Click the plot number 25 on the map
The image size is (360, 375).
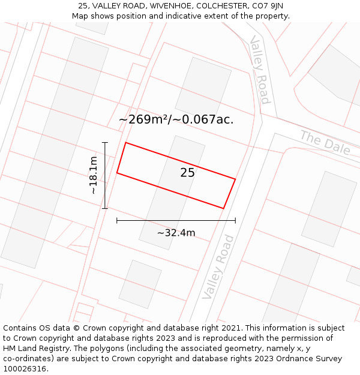tap(187, 173)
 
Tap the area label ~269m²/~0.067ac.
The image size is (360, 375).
tap(176, 119)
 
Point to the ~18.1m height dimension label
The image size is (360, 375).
tap(93, 175)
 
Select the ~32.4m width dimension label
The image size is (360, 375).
tap(176, 233)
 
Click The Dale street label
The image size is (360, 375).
tap(325, 142)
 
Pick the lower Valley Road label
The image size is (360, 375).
tap(218, 267)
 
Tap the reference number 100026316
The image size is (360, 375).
tap(25, 369)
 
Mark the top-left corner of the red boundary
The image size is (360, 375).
tap(125, 143)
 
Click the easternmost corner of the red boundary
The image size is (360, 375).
tap(235, 179)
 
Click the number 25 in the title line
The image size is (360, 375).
tap(83, 6)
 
